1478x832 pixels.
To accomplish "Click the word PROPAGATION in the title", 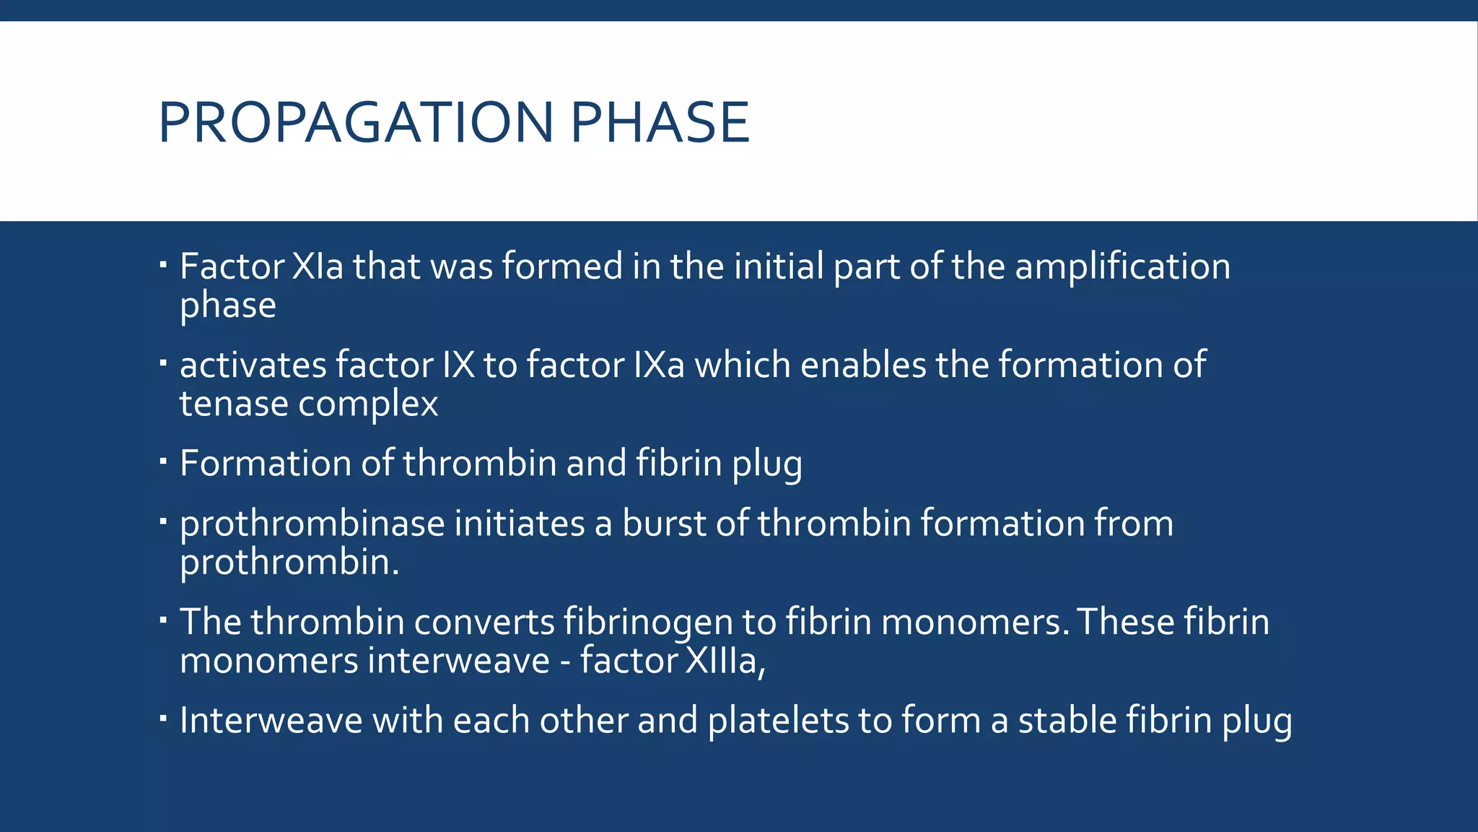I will point(355,122).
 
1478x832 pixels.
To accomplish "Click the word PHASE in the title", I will point(660,122).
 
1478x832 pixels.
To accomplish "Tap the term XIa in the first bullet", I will point(318,266).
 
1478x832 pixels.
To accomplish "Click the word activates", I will point(253,365).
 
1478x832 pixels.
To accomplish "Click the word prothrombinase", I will point(312,524).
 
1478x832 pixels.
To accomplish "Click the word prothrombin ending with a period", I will point(289,563).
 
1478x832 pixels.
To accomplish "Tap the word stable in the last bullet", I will point(1067,721).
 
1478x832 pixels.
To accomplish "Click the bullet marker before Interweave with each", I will point(163,718).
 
